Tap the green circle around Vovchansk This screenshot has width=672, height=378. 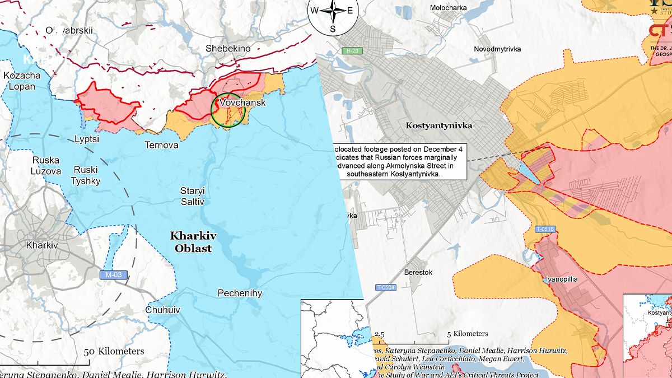coord(228,110)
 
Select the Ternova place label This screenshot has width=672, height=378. coord(161,145)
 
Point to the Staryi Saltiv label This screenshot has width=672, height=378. coord(192,195)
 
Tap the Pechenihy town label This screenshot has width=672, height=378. coord(240,293)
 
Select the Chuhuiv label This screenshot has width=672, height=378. coord(162,310)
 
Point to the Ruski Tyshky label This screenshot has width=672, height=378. coord(86,175)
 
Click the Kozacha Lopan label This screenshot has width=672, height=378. coord(22,81)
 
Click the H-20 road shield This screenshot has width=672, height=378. coord(352,51)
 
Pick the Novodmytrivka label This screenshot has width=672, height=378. coord(497,49)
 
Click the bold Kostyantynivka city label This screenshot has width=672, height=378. coord(438,125)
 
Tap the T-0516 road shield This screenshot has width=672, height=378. coord(544,229)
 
